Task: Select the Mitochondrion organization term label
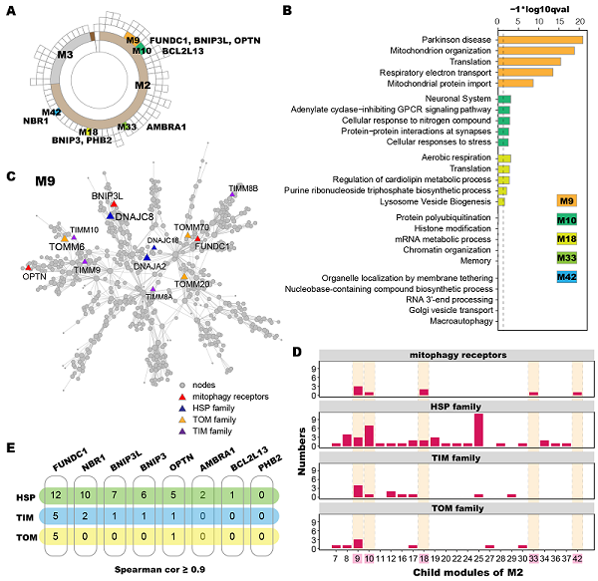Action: coord(438,50)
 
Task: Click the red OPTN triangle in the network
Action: coord(28,268)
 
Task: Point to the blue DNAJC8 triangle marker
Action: coord(110,215)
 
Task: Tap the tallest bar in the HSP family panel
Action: coord(479,430)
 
